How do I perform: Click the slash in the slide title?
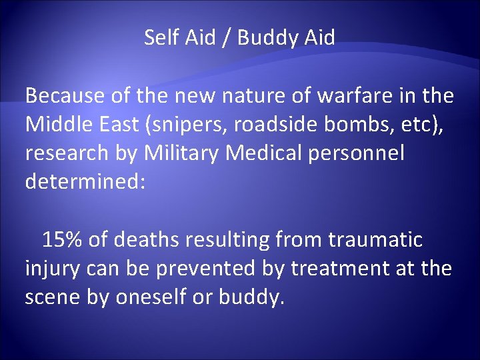227,39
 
